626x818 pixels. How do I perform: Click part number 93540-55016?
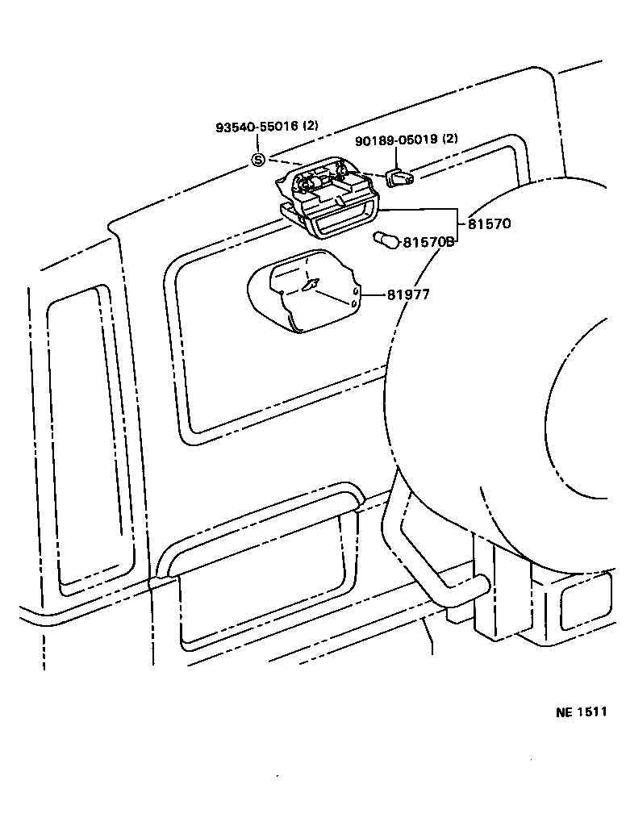pos(257,126)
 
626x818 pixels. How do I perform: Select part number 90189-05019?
pos(396,140)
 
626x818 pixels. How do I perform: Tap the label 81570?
pos(489,223)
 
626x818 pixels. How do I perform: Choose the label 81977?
pos(408,295)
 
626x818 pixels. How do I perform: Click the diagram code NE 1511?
pos(581,712)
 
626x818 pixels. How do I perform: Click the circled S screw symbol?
pos(259,160)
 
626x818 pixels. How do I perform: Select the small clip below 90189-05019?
pos(399,178)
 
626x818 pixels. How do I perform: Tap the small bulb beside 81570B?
pos(386,240)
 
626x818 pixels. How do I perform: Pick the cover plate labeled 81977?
pos(303,291)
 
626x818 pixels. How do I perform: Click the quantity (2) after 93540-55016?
pos(311,126)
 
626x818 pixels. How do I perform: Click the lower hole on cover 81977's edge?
pos(354,303)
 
